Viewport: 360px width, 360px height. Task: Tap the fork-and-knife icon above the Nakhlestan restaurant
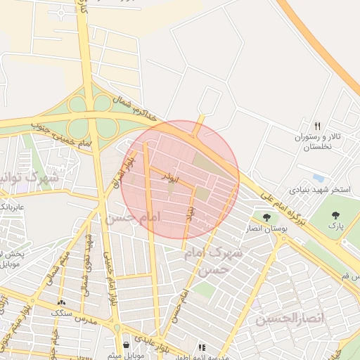coord(317,125)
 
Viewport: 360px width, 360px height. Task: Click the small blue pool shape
coord(319,178)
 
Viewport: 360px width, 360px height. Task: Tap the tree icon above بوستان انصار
coord(266,217)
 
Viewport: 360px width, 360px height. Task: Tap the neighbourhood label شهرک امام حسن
coord(216,260)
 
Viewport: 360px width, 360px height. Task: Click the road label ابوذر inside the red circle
coord(168,174)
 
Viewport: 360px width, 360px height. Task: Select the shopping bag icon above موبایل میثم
coord(126,345)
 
